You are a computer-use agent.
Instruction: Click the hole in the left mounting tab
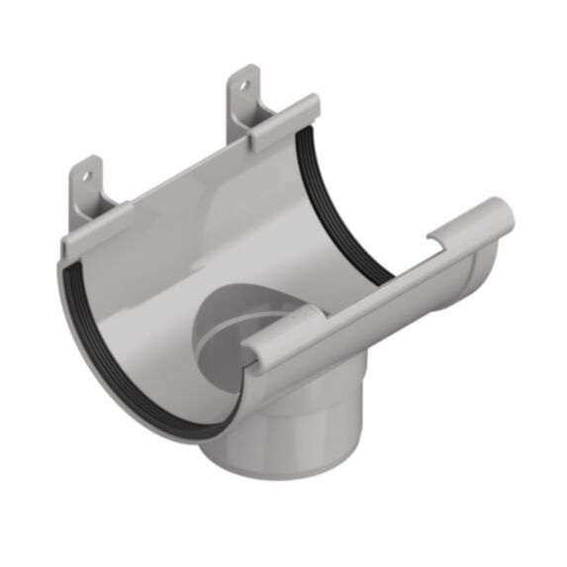(85, 179)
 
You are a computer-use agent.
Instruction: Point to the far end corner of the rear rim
(313, 103)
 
